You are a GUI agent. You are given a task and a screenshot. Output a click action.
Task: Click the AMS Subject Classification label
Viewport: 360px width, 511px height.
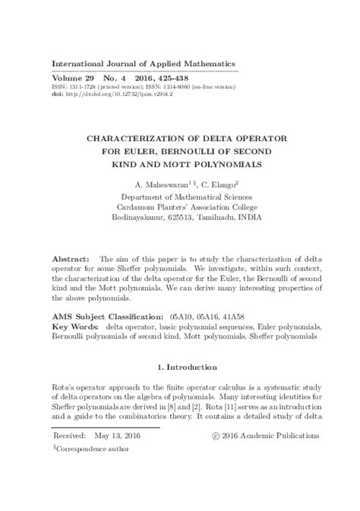coord(117,314)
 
